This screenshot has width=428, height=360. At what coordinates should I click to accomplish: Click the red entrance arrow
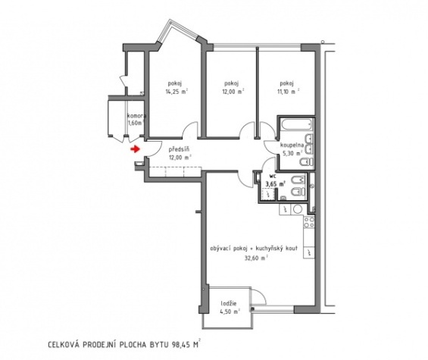pos(135,149)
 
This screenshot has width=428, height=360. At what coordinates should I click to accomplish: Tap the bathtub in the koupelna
pos(296,125)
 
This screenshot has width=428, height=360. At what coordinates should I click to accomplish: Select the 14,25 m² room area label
pos(177,92)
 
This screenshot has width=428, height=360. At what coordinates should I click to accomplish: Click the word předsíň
pos(179,149)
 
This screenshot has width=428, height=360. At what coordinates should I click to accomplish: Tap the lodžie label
pos(229,303)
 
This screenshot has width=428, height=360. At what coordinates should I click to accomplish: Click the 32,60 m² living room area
pos(256,257)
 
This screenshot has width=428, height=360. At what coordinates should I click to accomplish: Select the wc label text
pos(273,176)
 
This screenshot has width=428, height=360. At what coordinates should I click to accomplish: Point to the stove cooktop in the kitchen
pos(309,222)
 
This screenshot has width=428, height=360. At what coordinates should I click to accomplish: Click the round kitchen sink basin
pos(297,209)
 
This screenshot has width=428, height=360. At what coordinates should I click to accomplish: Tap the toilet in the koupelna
pos(306,162)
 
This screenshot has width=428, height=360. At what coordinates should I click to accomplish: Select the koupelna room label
pos(292,146)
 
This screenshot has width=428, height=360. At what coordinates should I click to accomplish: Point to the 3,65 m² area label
pos(276,183)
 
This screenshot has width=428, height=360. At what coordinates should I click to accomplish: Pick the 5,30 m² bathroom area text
pos(292,153)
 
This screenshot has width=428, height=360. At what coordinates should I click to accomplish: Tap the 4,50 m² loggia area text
pos(230,311)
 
